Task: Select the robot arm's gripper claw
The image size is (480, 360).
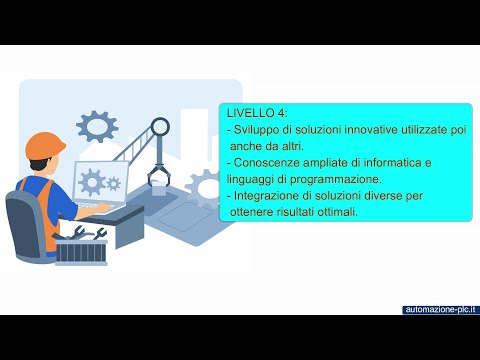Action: pos(159,176)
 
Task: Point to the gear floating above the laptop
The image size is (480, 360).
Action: pos(97,126)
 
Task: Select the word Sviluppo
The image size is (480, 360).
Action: pos(260,130)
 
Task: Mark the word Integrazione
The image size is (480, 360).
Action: pos(268,194)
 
